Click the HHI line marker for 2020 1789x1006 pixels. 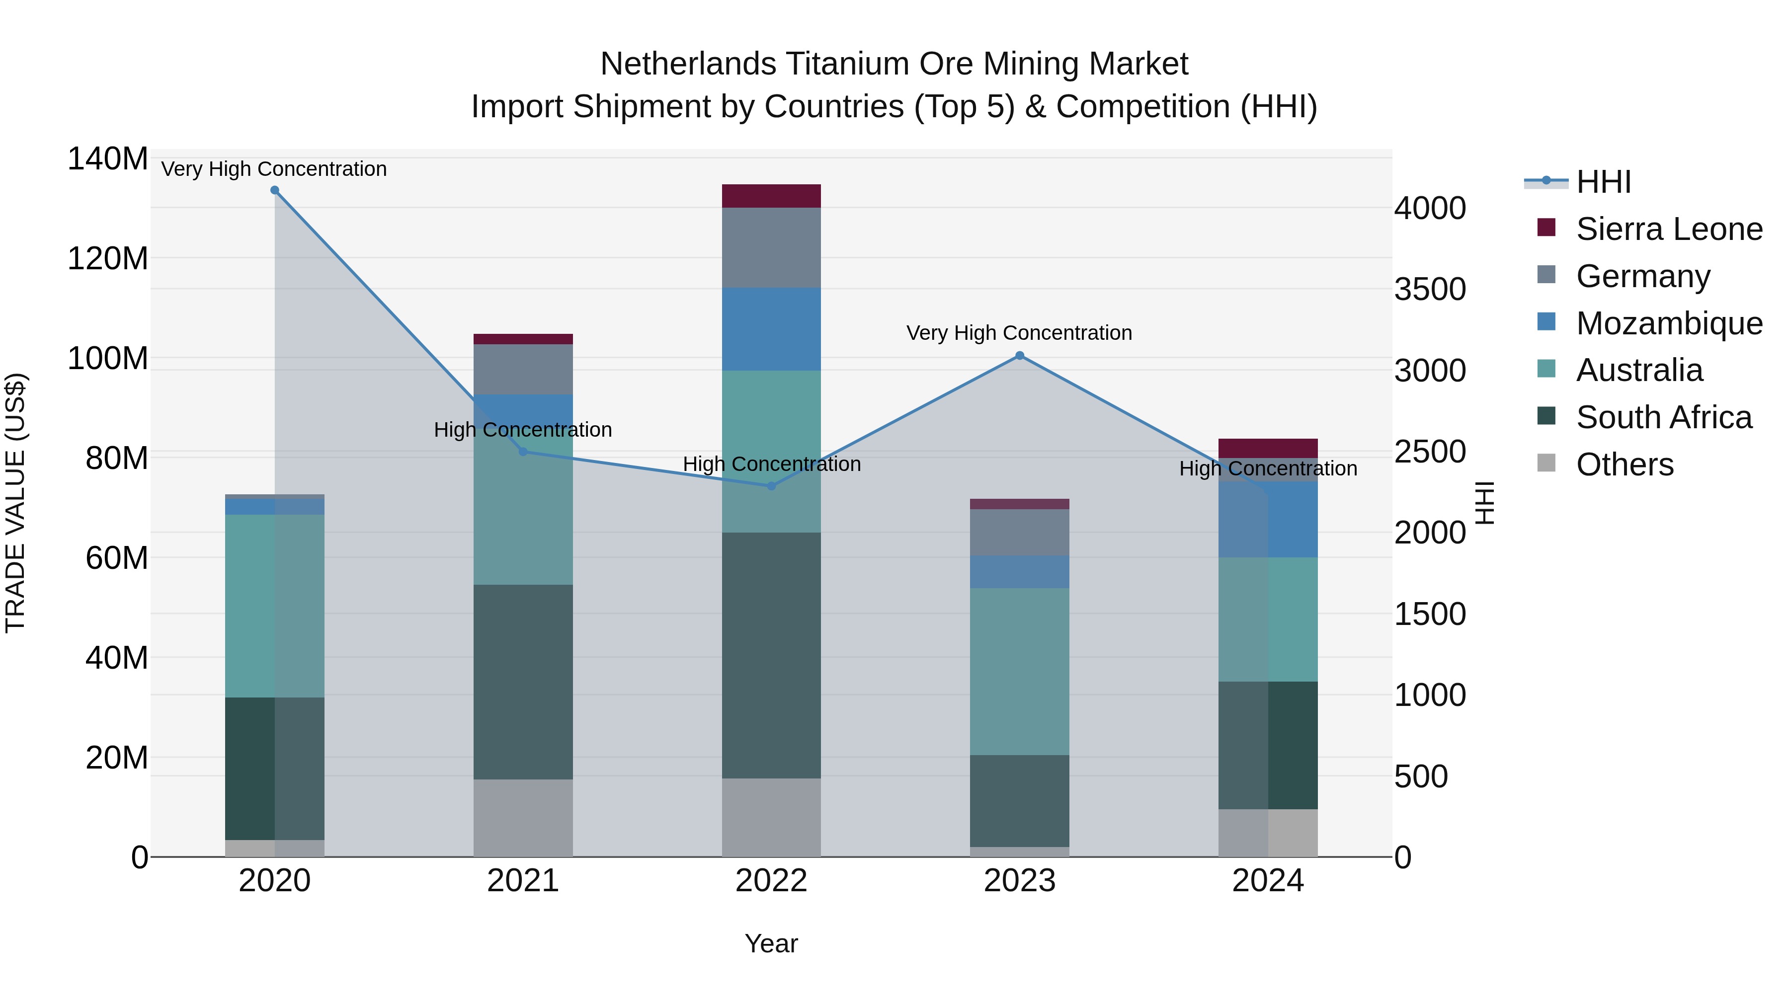point(274,190)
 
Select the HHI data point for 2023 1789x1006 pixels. point(1020,356)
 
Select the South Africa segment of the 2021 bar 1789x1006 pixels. point(523,682)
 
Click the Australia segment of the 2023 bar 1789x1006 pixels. point(1020,671)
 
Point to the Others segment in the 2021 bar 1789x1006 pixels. point(523,818)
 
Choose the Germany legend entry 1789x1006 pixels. point(1642,276)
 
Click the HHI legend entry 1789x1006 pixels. point(1603,182)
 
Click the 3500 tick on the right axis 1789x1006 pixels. point(1430,290)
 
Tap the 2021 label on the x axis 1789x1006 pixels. point(523,881)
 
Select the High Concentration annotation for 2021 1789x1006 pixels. point(523,430)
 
